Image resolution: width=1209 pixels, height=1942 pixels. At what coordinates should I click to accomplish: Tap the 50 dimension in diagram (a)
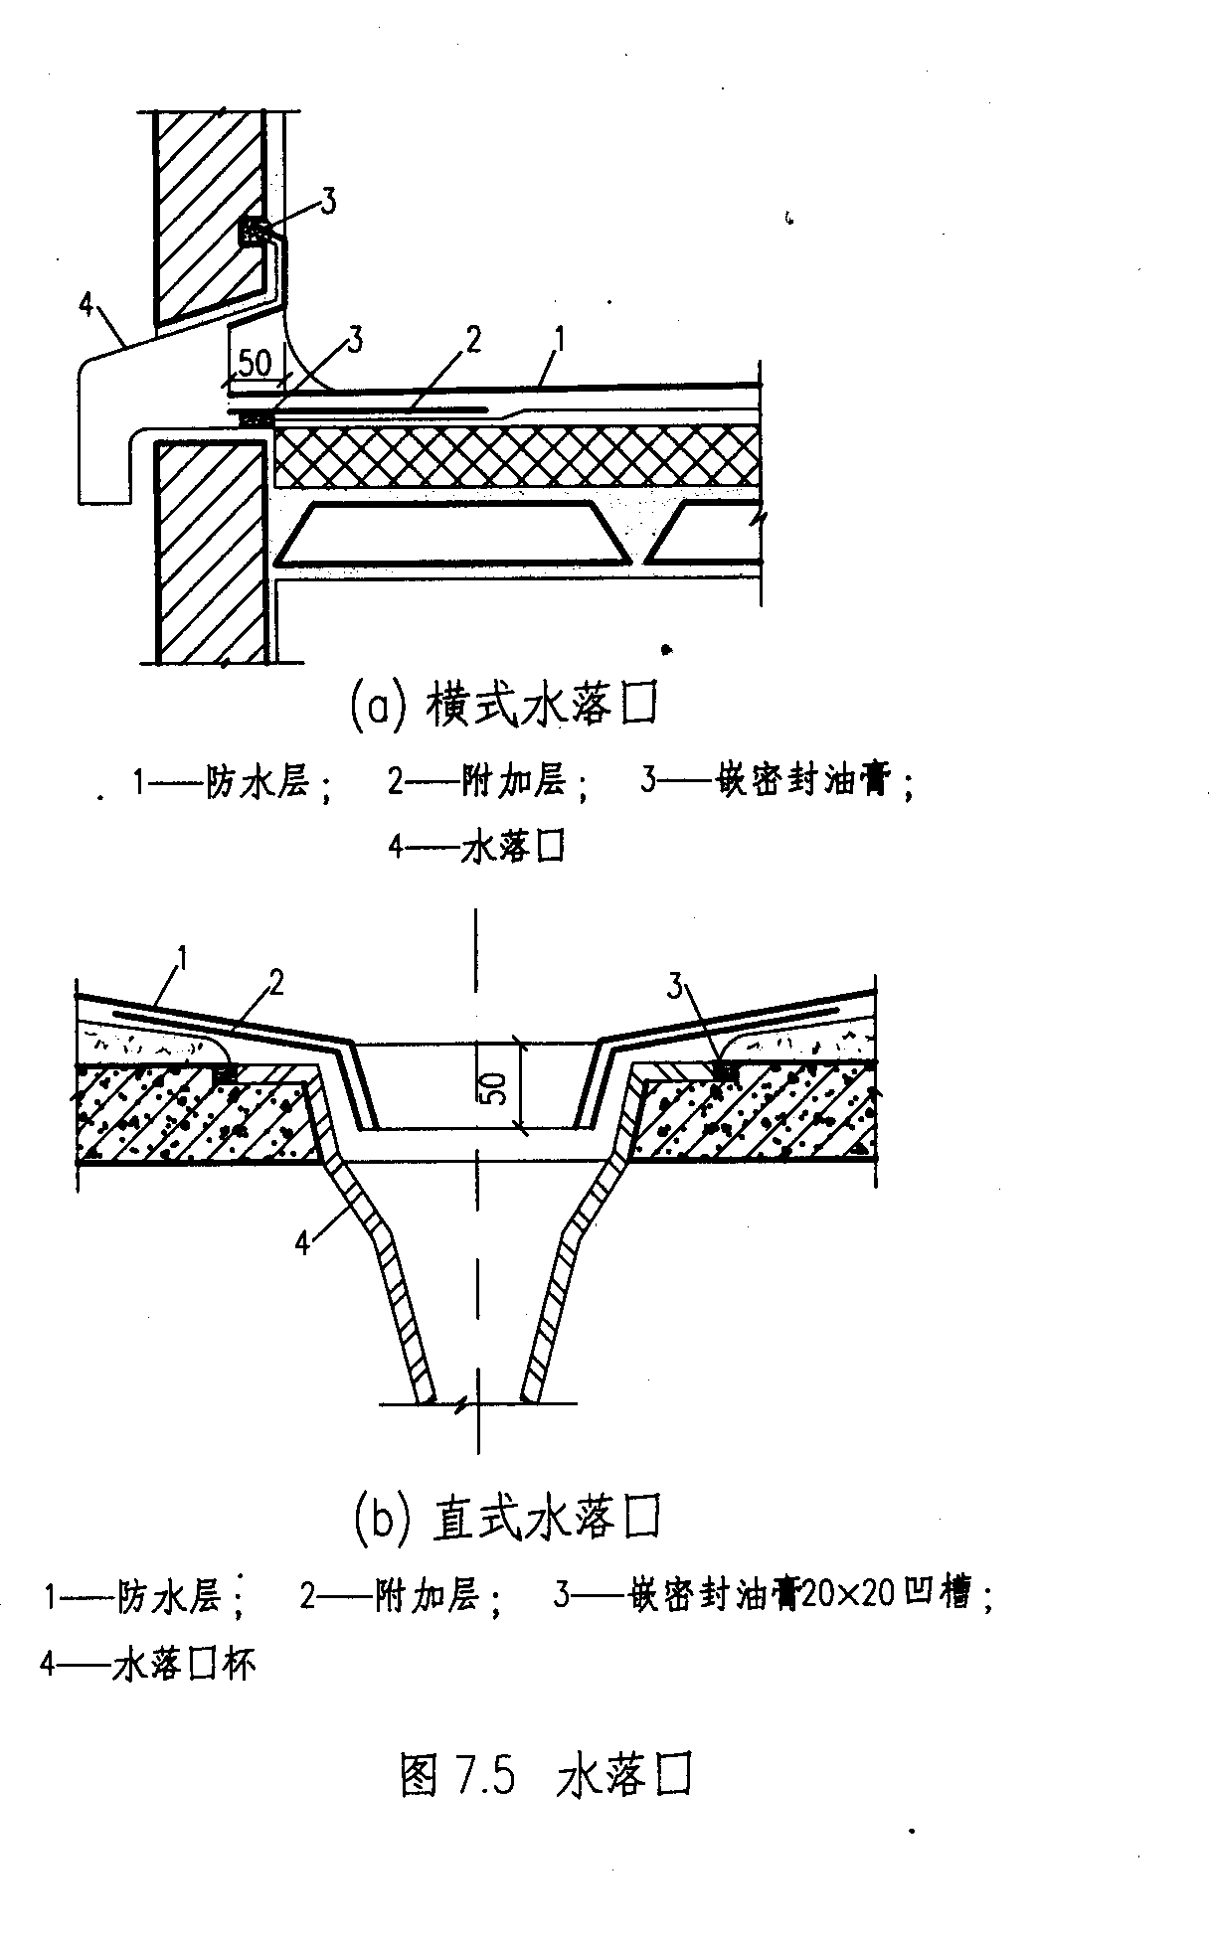pos(255,364)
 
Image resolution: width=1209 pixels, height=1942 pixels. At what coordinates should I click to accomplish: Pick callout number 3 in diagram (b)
pos(676,987)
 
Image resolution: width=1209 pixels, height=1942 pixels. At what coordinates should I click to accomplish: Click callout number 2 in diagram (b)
pos(276,983)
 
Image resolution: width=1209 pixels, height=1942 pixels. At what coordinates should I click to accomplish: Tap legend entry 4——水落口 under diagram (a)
pos(476,848)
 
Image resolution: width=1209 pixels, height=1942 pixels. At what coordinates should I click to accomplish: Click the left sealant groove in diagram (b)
pos(227,1073)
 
